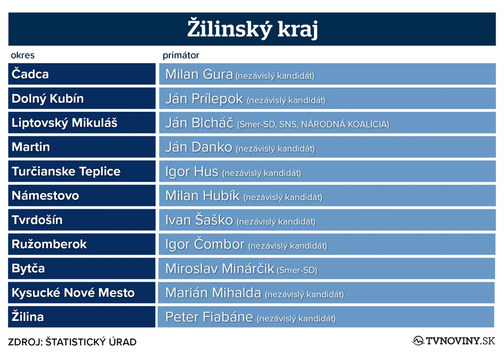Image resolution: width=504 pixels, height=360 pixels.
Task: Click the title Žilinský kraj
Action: point(252,29)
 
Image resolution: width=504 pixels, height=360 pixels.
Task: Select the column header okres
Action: point(23,55)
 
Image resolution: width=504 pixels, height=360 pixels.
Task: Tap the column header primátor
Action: point(181,55)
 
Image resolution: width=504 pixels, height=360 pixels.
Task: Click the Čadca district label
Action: point(30,74)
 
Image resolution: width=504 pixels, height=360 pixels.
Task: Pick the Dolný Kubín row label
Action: point(48,98)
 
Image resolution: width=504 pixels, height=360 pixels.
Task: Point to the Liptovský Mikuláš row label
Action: point(64,123)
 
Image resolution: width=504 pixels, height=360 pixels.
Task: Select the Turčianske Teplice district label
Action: point(66,171)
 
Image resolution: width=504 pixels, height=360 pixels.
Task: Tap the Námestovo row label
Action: point(45,196)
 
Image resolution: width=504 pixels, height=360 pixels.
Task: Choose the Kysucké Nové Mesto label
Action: point(73,293)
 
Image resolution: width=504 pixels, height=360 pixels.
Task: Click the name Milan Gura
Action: point(199,74)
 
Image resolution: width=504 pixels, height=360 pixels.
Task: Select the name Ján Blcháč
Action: point(199,123)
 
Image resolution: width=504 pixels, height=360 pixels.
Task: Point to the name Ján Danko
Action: point(199,147)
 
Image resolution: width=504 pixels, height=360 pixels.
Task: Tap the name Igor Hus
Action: point(192,172)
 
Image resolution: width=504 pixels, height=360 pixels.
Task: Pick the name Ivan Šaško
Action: point(199,220)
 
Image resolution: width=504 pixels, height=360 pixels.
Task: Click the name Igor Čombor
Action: point(205,244)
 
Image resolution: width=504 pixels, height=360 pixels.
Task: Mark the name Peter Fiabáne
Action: point(209,317)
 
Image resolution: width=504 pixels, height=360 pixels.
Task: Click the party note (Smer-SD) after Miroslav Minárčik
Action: point(297,270)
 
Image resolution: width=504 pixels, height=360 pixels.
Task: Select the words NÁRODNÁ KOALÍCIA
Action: point(345,125)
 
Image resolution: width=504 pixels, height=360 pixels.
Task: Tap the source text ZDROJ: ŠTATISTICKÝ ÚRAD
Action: point(72,342)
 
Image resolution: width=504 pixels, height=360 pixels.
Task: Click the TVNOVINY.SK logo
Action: point(453,341)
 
